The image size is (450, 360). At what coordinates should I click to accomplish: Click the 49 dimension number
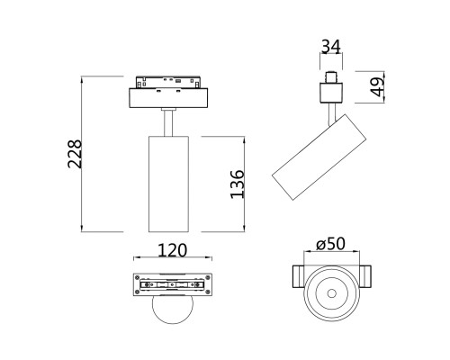click(379, 87)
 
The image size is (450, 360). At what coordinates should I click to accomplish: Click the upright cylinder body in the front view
click(165, 184)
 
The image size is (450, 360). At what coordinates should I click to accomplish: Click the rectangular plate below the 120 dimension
click(172, 285)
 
